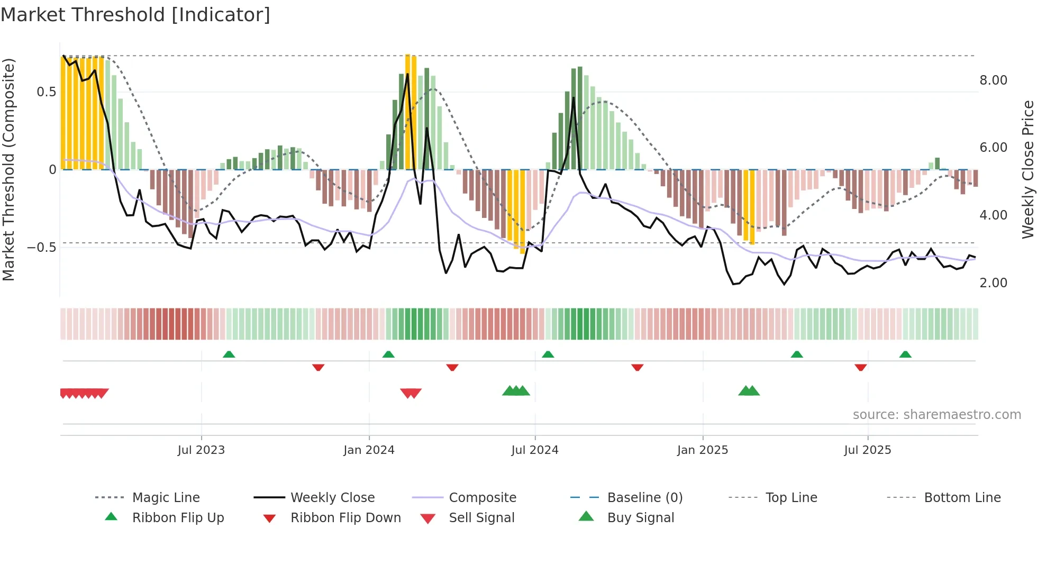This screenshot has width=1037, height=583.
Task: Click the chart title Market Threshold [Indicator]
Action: coord(135,15)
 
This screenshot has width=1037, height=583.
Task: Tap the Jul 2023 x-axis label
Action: coord(201,450)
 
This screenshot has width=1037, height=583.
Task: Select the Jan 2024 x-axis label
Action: coord(369,450)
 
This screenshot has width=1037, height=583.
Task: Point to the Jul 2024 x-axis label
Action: coord(534,450)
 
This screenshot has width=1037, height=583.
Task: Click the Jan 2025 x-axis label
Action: coord(703,450)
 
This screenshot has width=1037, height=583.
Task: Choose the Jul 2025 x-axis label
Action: coord(867,450)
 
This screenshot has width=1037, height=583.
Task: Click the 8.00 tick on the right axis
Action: coord(993,80)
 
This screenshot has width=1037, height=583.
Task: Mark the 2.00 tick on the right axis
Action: coord(993,283)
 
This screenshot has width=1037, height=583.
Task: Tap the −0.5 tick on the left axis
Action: coord(41,248)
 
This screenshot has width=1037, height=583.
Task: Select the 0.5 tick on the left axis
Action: coord(46,92)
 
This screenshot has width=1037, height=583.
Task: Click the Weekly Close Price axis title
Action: coord(1027,169)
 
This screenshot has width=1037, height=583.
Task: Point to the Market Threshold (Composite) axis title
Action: coord(8,169)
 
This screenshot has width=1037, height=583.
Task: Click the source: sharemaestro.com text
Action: coord(936,415)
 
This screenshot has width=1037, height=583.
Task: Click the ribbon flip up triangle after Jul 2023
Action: coord(229,354)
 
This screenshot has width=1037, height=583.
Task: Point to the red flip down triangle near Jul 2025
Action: coord(860,367)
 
